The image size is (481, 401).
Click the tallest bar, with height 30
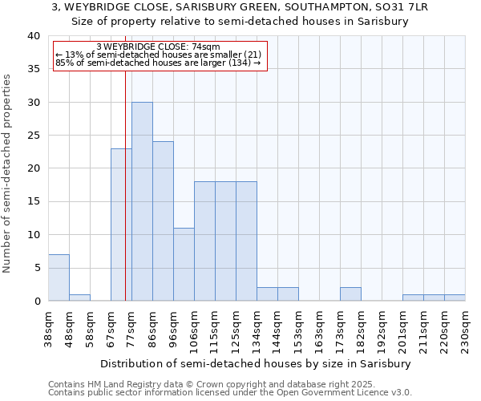pos(142,201)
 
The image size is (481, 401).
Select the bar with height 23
pos(121,225)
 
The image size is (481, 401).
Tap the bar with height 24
pos(163,221)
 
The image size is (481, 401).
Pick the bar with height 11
pos(184,264)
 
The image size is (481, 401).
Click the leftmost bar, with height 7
pos(59,277)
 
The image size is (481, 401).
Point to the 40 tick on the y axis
pos(33,36)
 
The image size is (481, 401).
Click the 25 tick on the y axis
pos(33,136)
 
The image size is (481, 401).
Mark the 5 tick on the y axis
pos(37,268)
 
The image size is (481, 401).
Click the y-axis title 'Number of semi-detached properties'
pos(7,173)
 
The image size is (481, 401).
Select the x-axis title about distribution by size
pos(257,363)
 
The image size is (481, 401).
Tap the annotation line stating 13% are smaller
pos(158,55)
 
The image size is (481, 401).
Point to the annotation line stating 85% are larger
pos(158,63)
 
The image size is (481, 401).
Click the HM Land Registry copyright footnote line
pos(206,384)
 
